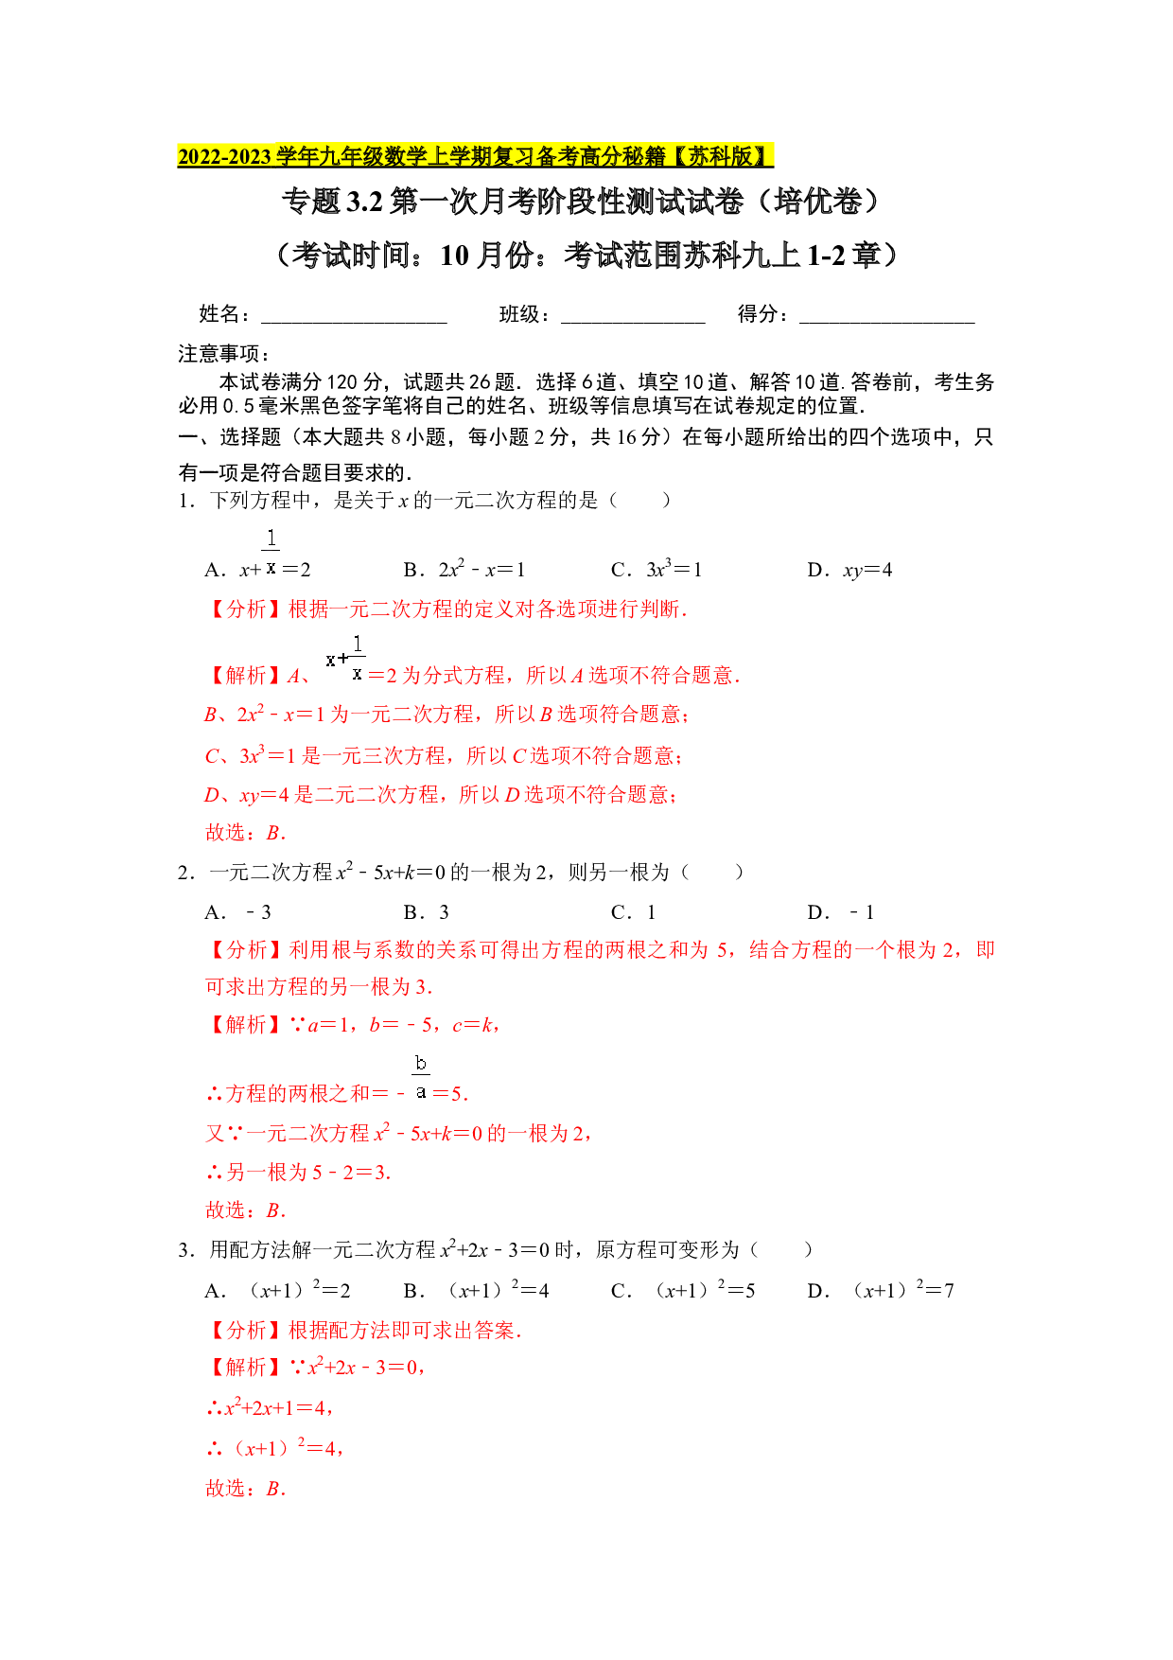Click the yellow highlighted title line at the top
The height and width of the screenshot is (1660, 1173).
475,156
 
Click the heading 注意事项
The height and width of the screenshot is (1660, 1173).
224,354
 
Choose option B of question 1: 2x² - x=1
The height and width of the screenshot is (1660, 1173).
464,569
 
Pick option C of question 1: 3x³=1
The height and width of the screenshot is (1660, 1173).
657,569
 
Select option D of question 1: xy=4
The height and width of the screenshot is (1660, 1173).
849,570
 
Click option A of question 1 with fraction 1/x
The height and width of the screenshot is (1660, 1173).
257,556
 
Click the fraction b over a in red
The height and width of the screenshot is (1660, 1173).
421,1078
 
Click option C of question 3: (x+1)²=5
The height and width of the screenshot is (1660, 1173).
683,1290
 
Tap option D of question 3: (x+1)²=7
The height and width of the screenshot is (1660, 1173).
881,1290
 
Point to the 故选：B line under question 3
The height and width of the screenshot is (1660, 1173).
246,1489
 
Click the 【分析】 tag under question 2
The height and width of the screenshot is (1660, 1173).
246,950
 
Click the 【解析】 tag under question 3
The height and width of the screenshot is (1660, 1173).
246,1368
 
